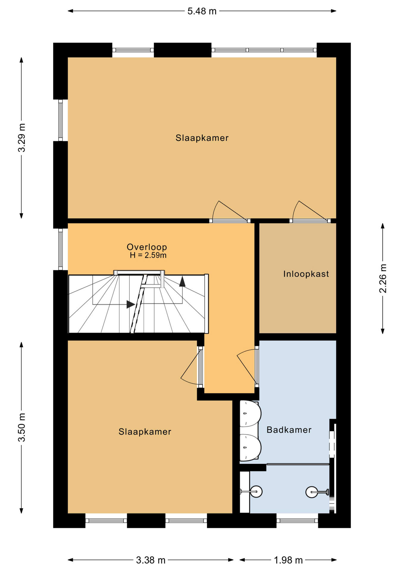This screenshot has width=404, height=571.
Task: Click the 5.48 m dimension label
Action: click(202, 11)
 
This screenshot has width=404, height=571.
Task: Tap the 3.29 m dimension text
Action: click(22, 137)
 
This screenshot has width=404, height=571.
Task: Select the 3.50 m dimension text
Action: click(22, 427)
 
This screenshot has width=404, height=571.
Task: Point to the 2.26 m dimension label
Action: click(383, 278)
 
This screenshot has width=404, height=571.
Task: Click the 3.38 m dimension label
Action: click(151, 560)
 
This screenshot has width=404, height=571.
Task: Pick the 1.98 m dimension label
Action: click(288, 560)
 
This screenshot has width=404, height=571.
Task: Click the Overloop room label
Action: click(147, 247)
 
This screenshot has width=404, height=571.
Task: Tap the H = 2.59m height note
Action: click(148, 255)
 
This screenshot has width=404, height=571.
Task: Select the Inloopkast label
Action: click(306, 274)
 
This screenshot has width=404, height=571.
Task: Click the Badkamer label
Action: click(289, 430)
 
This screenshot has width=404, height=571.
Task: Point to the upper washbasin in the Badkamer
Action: click(250, 414)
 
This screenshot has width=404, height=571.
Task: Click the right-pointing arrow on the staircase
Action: click(131, 304)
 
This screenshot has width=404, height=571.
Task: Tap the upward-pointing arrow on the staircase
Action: click(182, 281)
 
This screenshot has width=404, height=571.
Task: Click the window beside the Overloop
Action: click(61, 249)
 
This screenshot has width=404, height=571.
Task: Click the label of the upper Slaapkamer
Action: click(202, 138)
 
